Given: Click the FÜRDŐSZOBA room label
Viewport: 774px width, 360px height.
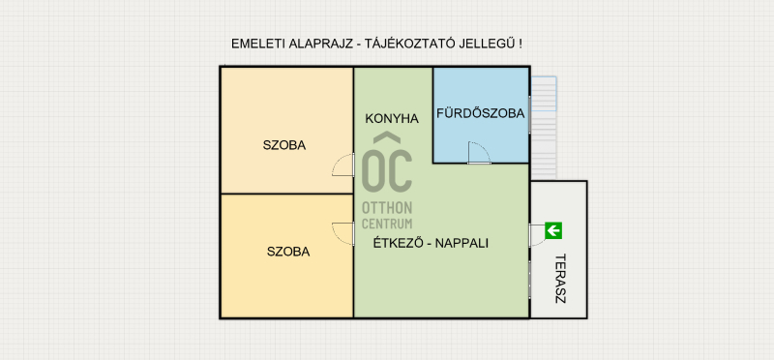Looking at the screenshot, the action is click(x=480, y=113).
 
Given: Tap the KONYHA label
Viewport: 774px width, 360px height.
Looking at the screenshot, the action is click(x=392, y=118).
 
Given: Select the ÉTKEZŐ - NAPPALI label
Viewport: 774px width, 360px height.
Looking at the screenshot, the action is click(x=431, y=243).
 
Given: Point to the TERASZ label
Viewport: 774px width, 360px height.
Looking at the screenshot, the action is click(x=560, y=279).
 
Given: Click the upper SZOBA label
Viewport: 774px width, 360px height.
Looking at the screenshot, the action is click(x=284, y=146).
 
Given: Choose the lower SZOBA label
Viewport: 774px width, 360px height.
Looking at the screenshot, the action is click(x=288, y=252).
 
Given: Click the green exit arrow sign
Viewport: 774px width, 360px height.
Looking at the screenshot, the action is click(x=553, y=230).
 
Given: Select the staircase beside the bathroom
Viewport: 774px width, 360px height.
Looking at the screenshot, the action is click(x=544, y=129).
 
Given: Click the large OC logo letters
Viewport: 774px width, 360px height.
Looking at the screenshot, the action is click(x=387, y=171).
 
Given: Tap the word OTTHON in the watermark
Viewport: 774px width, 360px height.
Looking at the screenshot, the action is click(x=387, y=207).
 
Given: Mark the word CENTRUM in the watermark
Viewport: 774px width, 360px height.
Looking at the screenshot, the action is click(x=387, y=224).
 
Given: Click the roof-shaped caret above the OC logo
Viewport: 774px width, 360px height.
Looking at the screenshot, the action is click(x=387, y=137).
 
